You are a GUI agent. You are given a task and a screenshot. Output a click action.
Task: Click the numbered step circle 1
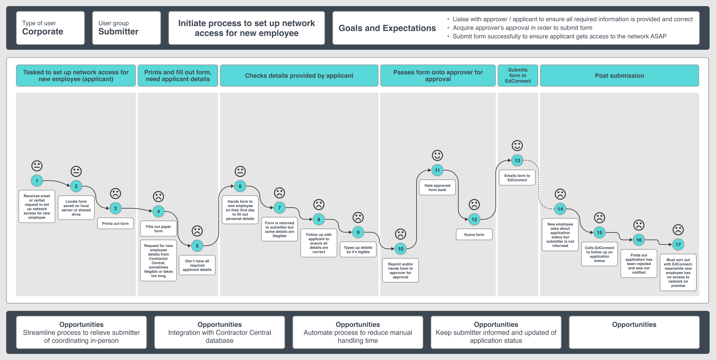37,181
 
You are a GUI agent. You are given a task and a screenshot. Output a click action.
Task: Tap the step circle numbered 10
401,249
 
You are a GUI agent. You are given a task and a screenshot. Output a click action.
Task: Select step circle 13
517,160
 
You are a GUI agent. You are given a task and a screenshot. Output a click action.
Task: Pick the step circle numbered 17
678,245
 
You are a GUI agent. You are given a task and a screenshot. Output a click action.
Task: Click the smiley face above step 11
437,155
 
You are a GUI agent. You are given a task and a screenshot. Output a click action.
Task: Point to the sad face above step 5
197,231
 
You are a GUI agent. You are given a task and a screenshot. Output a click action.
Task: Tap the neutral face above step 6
240,171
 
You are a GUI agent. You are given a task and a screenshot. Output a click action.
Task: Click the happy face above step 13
517,146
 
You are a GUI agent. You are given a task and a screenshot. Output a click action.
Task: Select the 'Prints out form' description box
115,224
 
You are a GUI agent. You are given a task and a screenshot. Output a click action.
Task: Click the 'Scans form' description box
474,235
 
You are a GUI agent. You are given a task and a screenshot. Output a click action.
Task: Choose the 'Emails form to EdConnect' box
517,178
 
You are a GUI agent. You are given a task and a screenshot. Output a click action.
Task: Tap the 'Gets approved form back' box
437,188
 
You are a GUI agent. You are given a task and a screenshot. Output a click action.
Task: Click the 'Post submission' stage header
619,76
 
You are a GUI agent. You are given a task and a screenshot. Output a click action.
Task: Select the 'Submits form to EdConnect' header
518,76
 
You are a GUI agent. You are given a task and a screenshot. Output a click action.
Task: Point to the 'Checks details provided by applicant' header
299,76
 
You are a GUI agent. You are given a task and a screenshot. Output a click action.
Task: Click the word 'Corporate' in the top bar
43,32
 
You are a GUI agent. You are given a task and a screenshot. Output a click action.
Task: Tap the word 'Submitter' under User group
118,32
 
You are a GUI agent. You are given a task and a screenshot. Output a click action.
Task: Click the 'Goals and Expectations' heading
387,28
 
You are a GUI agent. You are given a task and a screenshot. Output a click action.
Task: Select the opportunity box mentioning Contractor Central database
220,332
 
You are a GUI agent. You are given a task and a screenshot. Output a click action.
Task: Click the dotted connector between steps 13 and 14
539,184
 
